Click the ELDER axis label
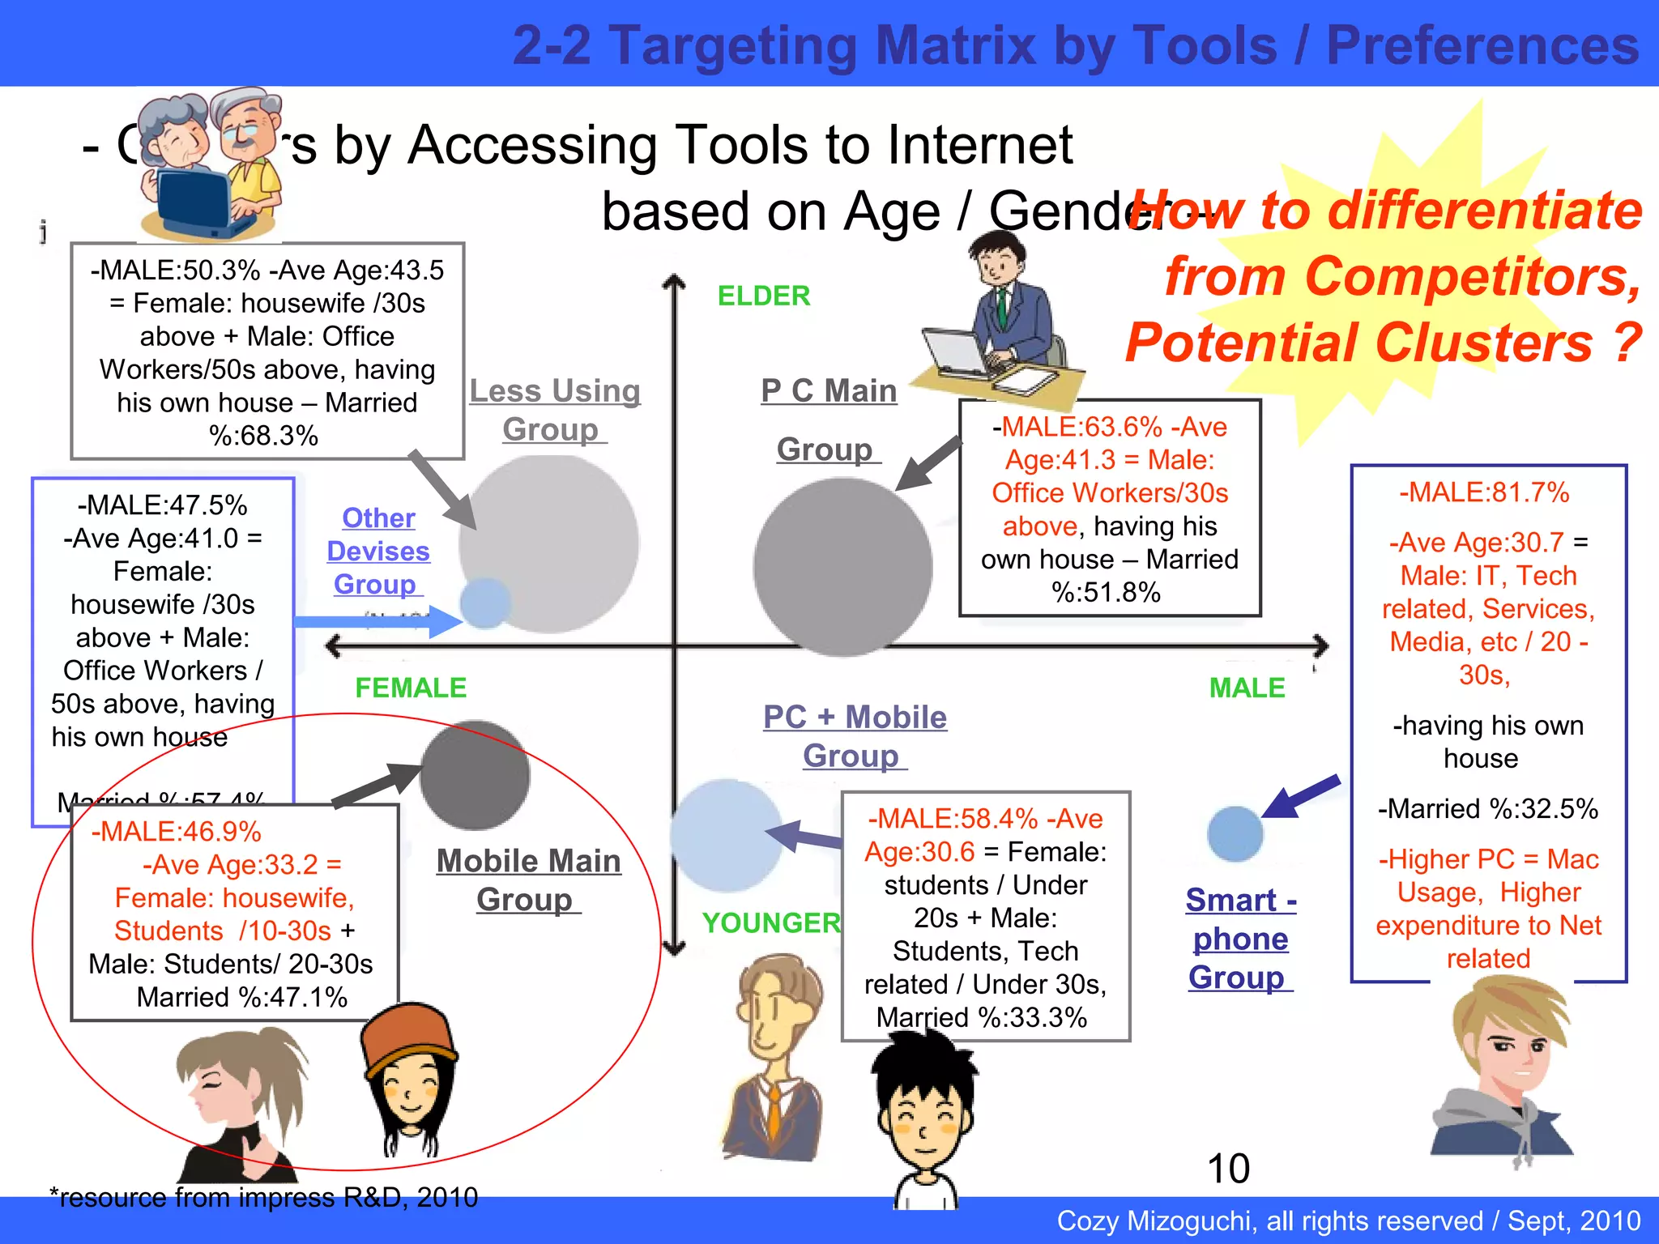(763, 296)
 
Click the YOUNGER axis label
(770, 922)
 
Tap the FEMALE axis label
(411, 688)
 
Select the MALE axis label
(1247, 688)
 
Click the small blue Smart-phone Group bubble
(1235, 833)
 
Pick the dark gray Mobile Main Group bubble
(475, 775)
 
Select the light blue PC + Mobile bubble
(726, 835)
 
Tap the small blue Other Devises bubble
(484, 603)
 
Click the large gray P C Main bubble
(842, 567)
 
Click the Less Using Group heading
(555, 410)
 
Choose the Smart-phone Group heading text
(1240, 939)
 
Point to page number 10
(1228, 1169)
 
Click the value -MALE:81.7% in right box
(1484, 492)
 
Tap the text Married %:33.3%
(981, 1017)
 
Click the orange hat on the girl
(408, 1037)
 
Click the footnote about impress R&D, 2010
(264, 1197)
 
